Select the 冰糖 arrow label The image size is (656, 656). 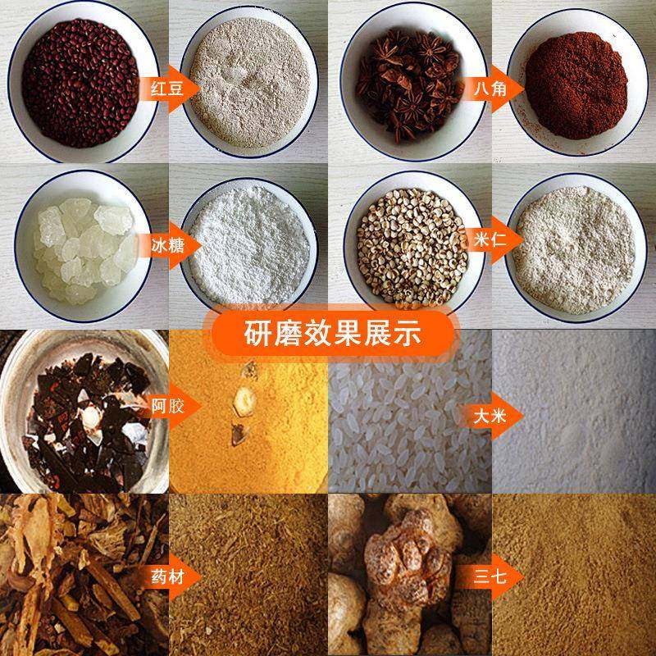(x=162, y=244)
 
